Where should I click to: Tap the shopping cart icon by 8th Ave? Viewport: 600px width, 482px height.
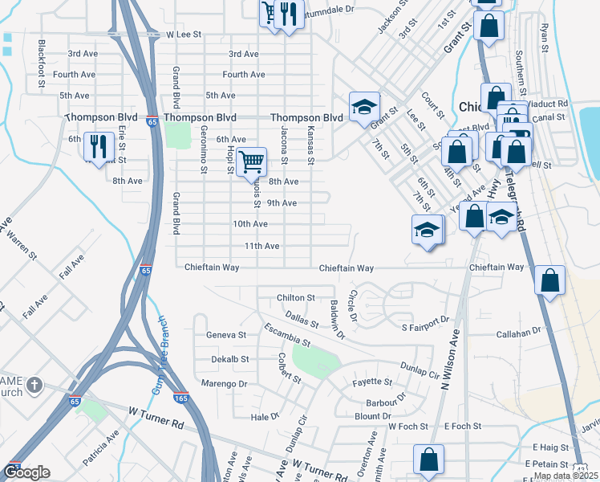[x=252, y=161]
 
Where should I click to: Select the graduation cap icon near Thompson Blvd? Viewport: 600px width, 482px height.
[x=363, y=107]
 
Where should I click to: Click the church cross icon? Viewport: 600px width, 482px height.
[x=34, y=385]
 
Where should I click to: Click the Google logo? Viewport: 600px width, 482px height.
[x=26, y=472]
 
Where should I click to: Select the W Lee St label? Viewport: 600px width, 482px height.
[x=182, y=35]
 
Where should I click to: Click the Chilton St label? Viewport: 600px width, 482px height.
[x=294, y=298]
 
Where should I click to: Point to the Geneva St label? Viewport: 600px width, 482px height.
[x=226, y=334]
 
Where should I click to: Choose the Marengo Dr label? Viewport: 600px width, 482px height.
[x=227, y=384]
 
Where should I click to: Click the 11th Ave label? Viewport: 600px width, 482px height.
[x=261, y=246]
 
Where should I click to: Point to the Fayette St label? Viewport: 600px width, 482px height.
[x=372, y=382]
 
